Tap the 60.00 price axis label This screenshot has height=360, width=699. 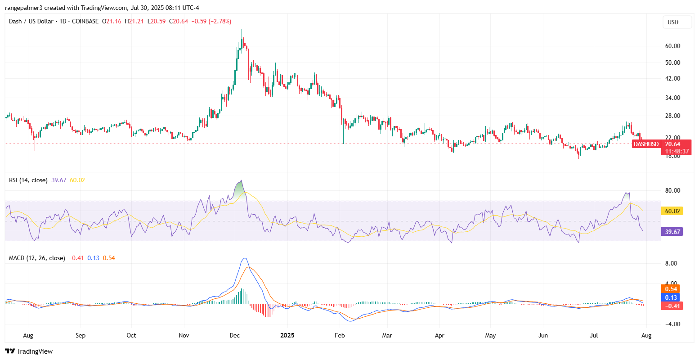pyautogui.click(x=672, y=46)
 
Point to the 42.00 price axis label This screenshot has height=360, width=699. pyautogui.click(x=672, y=78)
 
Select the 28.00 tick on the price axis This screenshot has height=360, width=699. pyautogui.click(x=672, y=116)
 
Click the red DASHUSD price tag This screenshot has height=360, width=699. pyautogui.click(x=645, y=144)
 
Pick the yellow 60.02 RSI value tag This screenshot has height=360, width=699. pyautogui.click(x=672, y=211)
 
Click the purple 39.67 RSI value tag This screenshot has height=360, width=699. pyautogui.click(x=672, y=231)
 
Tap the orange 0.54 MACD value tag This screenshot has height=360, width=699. pyautogui.click(x=670, y=289)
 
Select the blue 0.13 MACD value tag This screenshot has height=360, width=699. pyautogui.click(x=670, y=297)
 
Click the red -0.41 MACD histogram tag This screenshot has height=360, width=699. pyautogui.click(x=670, y=306)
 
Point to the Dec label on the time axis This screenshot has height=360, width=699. pyautogui.click(x=235, y=335)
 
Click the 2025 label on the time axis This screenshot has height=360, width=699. pyautogui.click(x=287, y=335)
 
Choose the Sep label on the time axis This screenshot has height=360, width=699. pyautogui.click(x=81, y=335)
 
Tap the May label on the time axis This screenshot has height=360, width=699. pyautogui.click(x=491, y=335)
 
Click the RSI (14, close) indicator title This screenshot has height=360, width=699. pyautogui.click(x=28, y=180)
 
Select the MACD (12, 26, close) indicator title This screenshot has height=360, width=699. pyautogui.click(x=37, y=258)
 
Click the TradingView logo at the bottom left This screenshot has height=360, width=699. pyautogui.click(x=29, y=351)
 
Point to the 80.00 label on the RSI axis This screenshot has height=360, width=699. pyautogui.click(x=672, y=190)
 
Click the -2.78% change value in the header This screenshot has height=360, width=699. pyautogui.click(x=221, y=21)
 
